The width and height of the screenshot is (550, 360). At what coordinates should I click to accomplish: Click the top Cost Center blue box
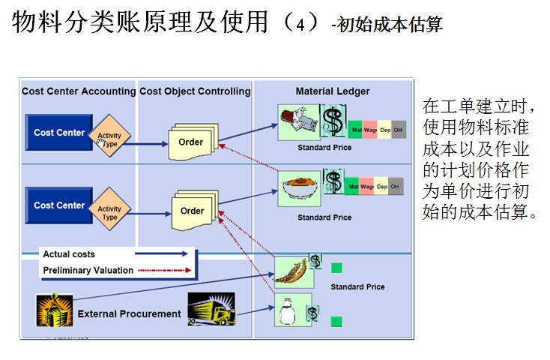59,133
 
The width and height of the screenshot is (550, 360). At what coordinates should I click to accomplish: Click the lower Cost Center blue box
59,205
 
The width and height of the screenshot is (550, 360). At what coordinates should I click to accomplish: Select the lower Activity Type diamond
109,213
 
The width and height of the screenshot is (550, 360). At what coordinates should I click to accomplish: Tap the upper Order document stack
191,141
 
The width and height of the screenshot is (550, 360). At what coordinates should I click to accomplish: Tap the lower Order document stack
193,211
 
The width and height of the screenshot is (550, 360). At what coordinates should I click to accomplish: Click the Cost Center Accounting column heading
79,91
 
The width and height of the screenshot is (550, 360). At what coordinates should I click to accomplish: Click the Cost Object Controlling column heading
195,91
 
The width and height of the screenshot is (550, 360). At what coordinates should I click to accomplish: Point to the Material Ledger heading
332,91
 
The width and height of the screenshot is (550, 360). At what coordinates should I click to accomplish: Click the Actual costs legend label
69,254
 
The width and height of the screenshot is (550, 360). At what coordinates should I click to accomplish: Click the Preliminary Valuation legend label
88,270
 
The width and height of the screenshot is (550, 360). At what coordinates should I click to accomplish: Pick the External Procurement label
130,313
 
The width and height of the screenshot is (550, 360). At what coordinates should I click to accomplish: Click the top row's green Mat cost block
355,130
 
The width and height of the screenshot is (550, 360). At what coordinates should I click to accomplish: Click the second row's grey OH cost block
395,185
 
